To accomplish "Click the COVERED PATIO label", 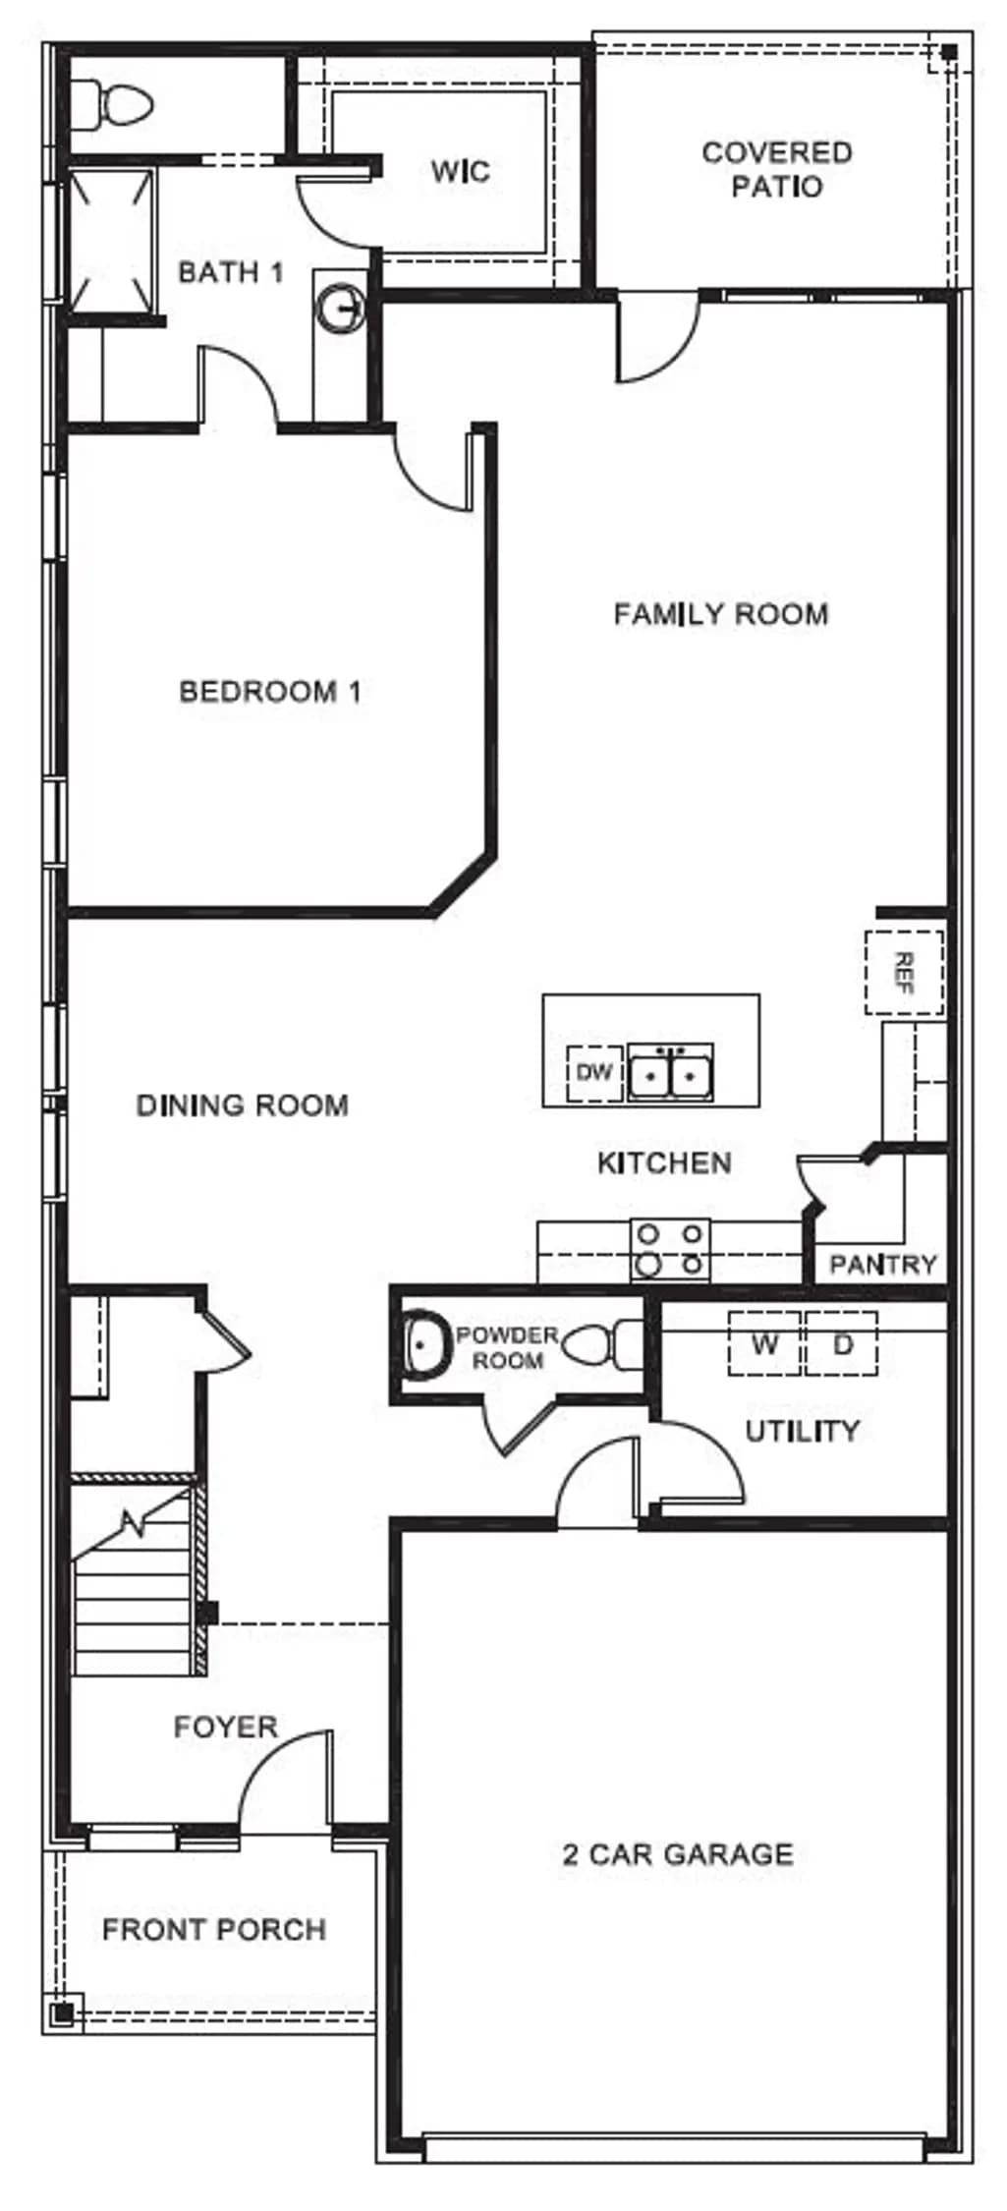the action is point(776,169).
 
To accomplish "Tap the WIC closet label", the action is point(460,172).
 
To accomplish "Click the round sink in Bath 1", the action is point(340,308).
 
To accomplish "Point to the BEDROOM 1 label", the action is point(270,692).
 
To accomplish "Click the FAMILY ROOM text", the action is point(721,614).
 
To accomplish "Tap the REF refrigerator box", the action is point(904,973).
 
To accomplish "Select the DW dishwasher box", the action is point(594,1072).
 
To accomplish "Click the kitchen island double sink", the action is point(671,1072).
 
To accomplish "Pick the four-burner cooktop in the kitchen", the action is point(670,1249).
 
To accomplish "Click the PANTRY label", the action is point(883,1264).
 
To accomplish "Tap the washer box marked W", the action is point(764,1343).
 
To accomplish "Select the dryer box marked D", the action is point(842,1343).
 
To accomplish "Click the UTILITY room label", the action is point(802,1432).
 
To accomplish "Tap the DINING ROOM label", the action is point(242,1105).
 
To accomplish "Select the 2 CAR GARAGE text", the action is point(678,1854).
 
